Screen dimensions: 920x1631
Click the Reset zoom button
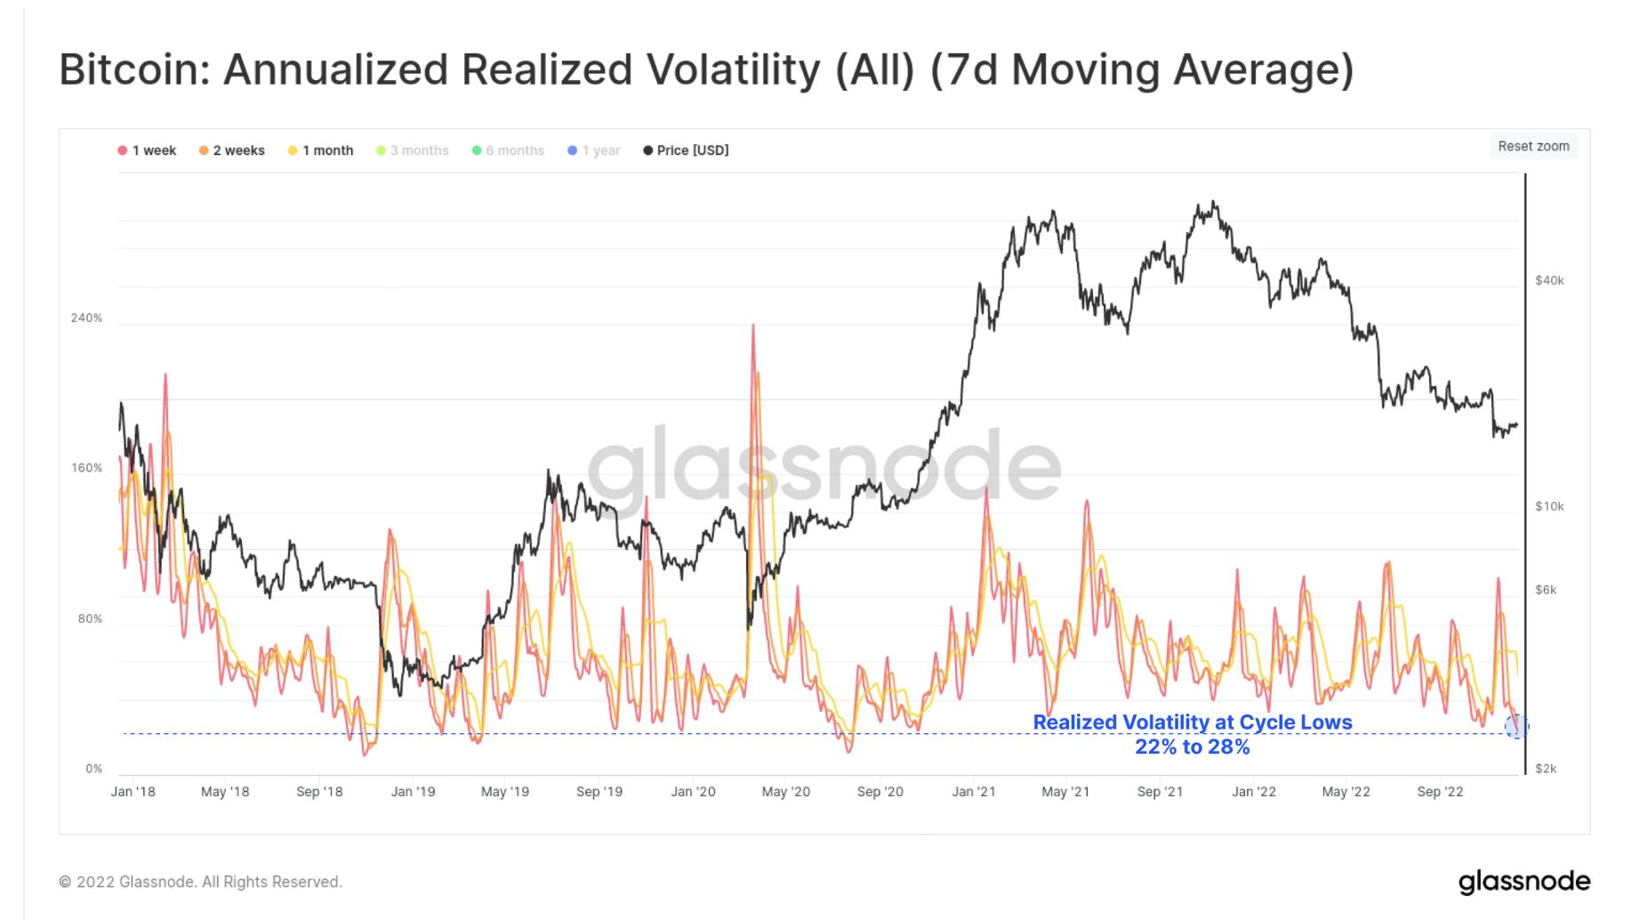[1533, 146]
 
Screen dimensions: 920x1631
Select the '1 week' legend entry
[148, 150]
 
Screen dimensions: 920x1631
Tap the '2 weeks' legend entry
[232, 150]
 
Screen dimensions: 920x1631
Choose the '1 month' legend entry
[321, 150]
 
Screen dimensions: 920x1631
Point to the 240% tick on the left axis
[87, 318]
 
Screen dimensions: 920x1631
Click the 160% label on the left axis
[87, 468]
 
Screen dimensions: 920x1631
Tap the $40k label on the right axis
[1549, 280]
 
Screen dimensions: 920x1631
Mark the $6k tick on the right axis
[1546, 590]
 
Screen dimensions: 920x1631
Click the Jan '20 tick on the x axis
[693, 791]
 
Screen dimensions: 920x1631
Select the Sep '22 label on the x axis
[1440, 791]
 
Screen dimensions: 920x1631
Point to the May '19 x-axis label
[505, 791]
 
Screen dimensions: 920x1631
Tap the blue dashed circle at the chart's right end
[1516, 727]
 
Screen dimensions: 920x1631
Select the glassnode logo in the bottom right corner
[1524, 881]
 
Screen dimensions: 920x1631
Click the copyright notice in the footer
[201, 882]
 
